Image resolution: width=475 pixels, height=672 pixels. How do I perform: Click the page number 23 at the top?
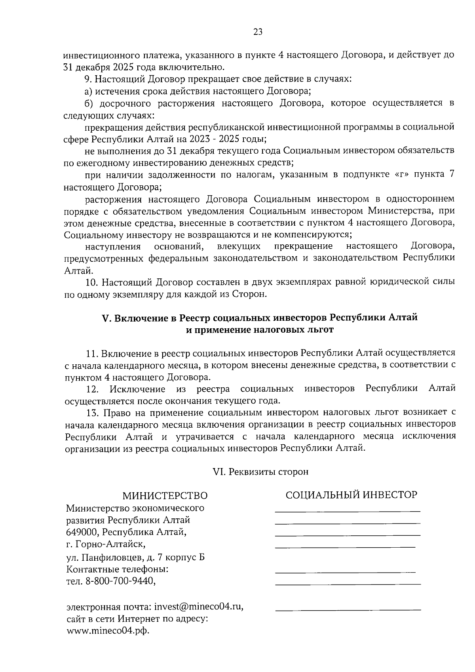258,32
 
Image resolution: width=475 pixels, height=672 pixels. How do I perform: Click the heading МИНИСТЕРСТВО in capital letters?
165,496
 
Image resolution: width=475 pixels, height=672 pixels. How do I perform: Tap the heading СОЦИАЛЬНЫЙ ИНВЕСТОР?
351,495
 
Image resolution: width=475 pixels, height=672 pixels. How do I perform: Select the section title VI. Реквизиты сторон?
260,472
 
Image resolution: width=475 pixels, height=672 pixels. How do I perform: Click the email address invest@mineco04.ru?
198,607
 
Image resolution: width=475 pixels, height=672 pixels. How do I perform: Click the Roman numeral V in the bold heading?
105,318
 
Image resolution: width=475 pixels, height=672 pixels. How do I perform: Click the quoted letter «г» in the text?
402,175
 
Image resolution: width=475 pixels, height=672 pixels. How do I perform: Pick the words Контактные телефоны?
118,569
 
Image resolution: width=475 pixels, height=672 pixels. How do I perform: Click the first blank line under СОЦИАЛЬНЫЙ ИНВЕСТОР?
348,512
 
